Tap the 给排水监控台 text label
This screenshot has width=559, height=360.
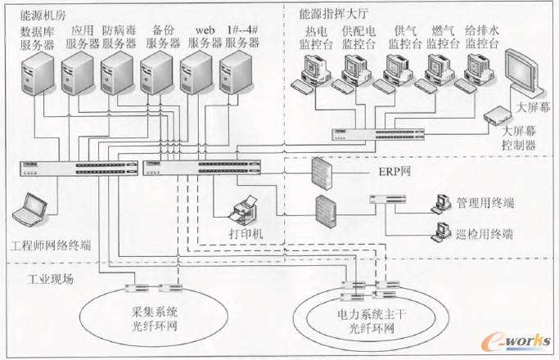click(481, 37)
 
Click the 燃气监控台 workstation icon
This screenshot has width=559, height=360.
click(437, 73)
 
